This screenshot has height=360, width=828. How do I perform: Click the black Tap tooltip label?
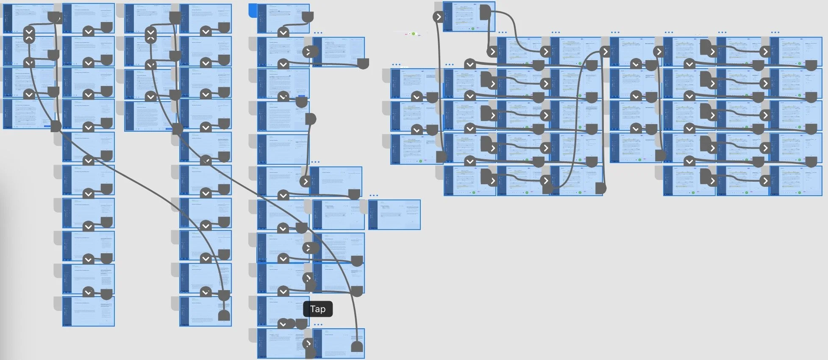tap(318, 309)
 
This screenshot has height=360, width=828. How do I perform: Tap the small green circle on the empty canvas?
tap(414, 33)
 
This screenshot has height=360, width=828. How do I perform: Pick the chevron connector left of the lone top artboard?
tap(438, 17)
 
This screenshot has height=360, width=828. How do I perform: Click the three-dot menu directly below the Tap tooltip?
tap(318, 325)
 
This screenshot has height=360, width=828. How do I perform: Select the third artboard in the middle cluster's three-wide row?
tap(394, 215)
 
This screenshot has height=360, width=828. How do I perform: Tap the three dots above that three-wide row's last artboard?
tap(374, 196)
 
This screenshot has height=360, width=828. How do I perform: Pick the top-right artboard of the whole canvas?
tap(796, 52)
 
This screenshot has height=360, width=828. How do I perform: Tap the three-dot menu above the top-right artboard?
tap(775, 33)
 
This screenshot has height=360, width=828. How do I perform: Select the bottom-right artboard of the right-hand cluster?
tap(796, 181)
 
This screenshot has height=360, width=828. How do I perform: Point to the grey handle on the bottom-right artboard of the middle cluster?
tap(357, 347)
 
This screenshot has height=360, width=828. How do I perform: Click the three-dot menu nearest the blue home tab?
tap(318, 33)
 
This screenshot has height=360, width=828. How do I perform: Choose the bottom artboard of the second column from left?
tap(89, 311)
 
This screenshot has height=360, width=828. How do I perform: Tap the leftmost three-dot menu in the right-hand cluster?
tap(396, 65)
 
